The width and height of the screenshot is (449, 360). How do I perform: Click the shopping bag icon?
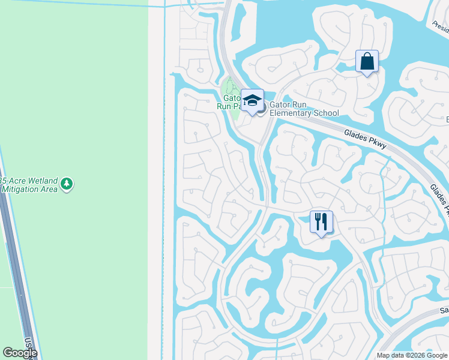(367, 62)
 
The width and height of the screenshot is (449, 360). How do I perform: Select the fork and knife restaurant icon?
(321, 222)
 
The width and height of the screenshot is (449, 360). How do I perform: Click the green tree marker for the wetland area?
(67, 184)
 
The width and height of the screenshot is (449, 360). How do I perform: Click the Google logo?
(20, 353)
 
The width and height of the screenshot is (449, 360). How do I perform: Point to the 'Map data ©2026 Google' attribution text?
(412, 355)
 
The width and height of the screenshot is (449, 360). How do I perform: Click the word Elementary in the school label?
(292, 113)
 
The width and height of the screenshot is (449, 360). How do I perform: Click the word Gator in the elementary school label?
(281, 104)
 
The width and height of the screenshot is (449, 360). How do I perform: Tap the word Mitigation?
(22, 189)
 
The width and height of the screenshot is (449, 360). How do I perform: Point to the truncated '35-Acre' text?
(10, 180)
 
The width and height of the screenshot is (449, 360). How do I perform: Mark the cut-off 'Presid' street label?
(439, 25)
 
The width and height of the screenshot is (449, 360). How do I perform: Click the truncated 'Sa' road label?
(444, 310)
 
